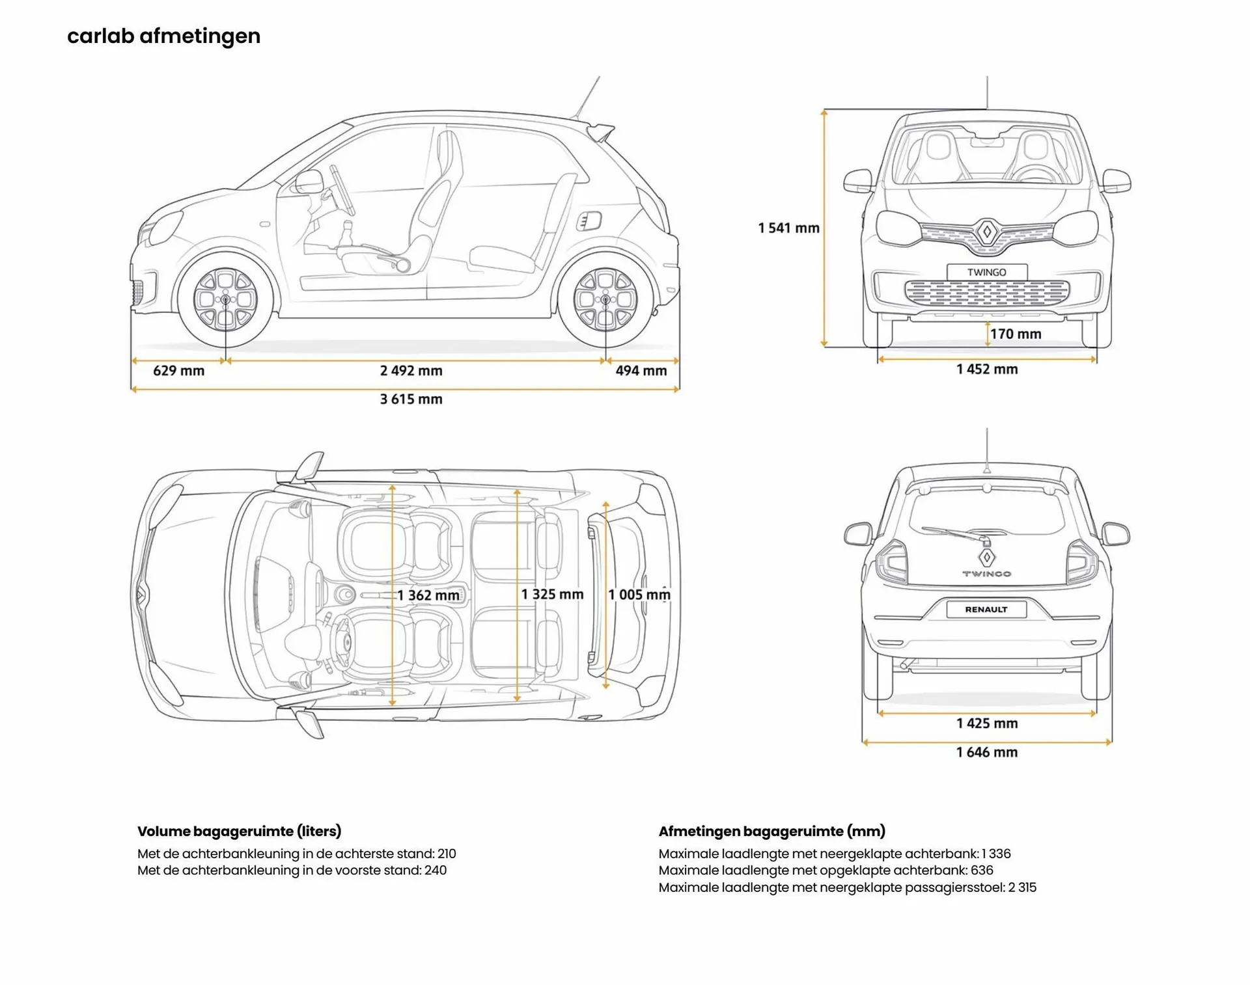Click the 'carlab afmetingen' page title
pyautogui.click(x=163, y=36)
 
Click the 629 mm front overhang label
pyautogui.click(x=178, y=371)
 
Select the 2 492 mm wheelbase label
pyautogui.click(x=411, y=371)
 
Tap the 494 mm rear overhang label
pyautogui.click(x=641, y=371)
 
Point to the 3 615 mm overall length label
pyautogui.click(x=411, y=399)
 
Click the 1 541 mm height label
pyautogui.click(x=788, y=228)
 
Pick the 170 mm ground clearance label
pyautogui.click(x=1015, y=334)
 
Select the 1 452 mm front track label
pyautogui.click(x=986, y=370)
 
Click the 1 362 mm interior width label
pyautogui.click(x=428, y=595)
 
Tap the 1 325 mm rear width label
pyautogui.click(x=551, y=595)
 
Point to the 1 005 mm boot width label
pyautogui.click(x=639, y=595)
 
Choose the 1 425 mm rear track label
pyautogui.click(x=986, y=723)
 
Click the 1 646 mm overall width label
pyautogui.click(x=986, y=753)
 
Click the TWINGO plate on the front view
pyautogui.click(x=986, y=273)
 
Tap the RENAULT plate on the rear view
pyautogui.click(x=986, y=610)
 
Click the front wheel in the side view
pyautogui.click(x=225, y=299)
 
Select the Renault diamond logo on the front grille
pyautogui.click(x=986, y=232)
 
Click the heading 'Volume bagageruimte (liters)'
pyautogui.click(x=239, y=831)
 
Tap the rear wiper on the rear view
pyautogui.click(x=954, y=534)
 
